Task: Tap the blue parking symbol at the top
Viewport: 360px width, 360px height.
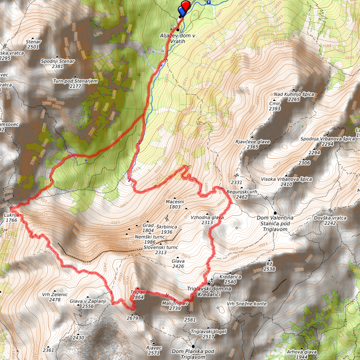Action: (x=209, y=2)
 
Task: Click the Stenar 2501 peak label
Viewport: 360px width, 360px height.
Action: (x=33, y=44)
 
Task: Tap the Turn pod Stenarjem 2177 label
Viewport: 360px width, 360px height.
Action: (x=75, y=83)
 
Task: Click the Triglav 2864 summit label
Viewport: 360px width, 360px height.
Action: (x=138, y=294)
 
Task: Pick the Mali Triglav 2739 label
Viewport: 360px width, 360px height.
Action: (x=174, y=306)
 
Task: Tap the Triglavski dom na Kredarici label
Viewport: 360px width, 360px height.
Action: (x=210, y=292)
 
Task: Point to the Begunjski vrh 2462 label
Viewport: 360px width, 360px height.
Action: (x=241, y=194)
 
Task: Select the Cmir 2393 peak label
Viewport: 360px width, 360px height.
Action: (x=274, y=105)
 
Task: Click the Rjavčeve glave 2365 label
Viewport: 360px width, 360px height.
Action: (x=252, y=144)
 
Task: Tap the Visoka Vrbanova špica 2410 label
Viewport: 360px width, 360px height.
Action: (x=286, y=181)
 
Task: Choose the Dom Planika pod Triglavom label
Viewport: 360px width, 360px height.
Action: (x=192, y=354)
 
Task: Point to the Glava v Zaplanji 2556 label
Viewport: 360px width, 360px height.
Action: (x=88, y=304)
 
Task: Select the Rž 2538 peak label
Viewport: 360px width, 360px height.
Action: (x=269, y=266)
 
